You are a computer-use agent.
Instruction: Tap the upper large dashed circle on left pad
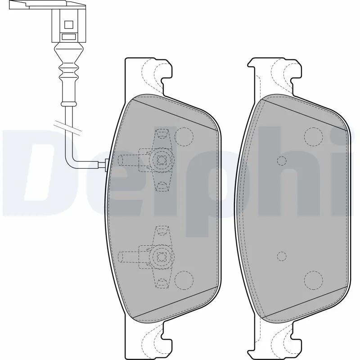(x=184, y=136)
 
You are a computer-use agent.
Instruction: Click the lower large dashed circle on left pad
(x=184, y=280)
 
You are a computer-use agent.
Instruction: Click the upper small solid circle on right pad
(x=282, y=161)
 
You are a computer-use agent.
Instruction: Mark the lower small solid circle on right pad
(x=282, y=256)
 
